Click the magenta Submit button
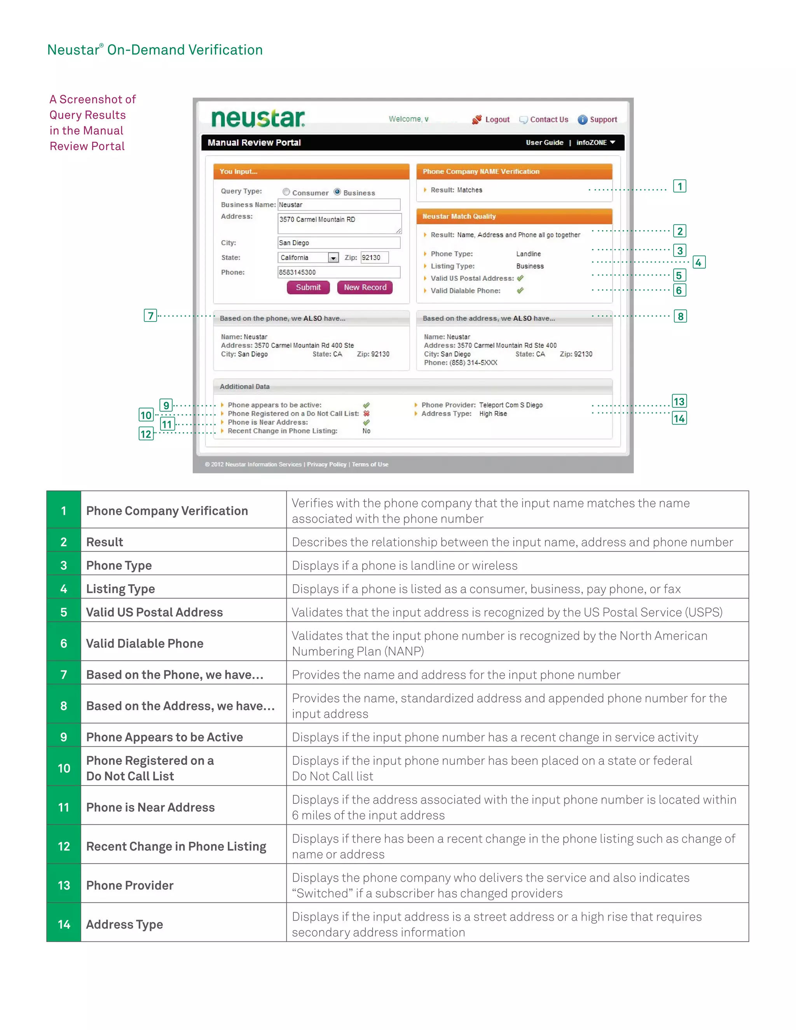308,287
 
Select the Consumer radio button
286,192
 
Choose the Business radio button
337,192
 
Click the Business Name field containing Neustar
339,205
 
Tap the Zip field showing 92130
374,257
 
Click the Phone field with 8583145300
339,272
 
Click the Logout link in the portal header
497,120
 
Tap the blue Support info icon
582,120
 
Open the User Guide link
544,142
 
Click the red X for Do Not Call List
367,414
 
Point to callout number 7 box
150,316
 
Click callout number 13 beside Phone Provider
679,402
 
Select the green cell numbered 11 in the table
64,807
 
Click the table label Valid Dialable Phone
144,643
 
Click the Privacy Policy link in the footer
326,464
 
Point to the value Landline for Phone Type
528,254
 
